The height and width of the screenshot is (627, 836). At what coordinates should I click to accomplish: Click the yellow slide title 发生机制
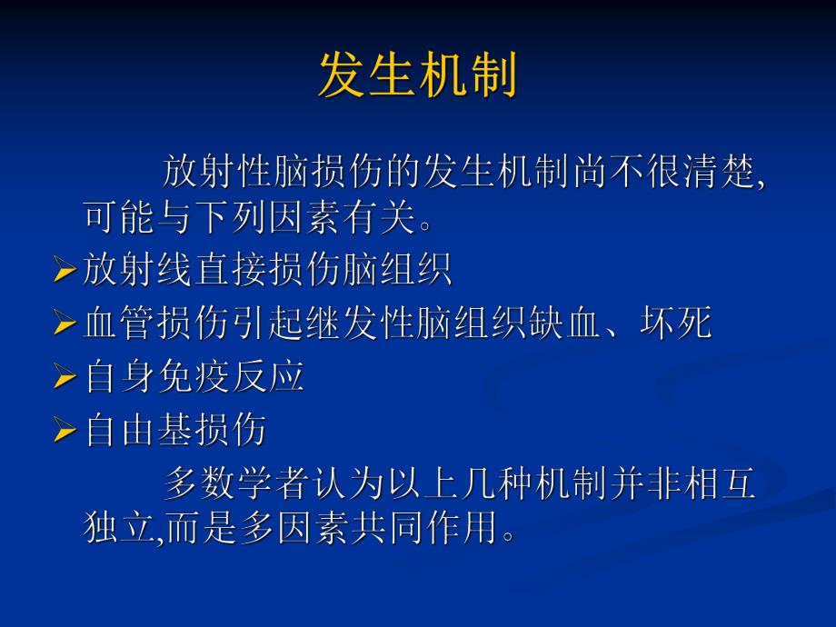point(417,75)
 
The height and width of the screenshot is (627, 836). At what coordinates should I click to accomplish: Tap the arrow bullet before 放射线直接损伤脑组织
point(65,271)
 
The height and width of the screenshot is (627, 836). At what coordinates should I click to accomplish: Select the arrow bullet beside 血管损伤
point(65,323)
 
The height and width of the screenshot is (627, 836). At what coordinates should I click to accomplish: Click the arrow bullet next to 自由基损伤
point(65,430)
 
